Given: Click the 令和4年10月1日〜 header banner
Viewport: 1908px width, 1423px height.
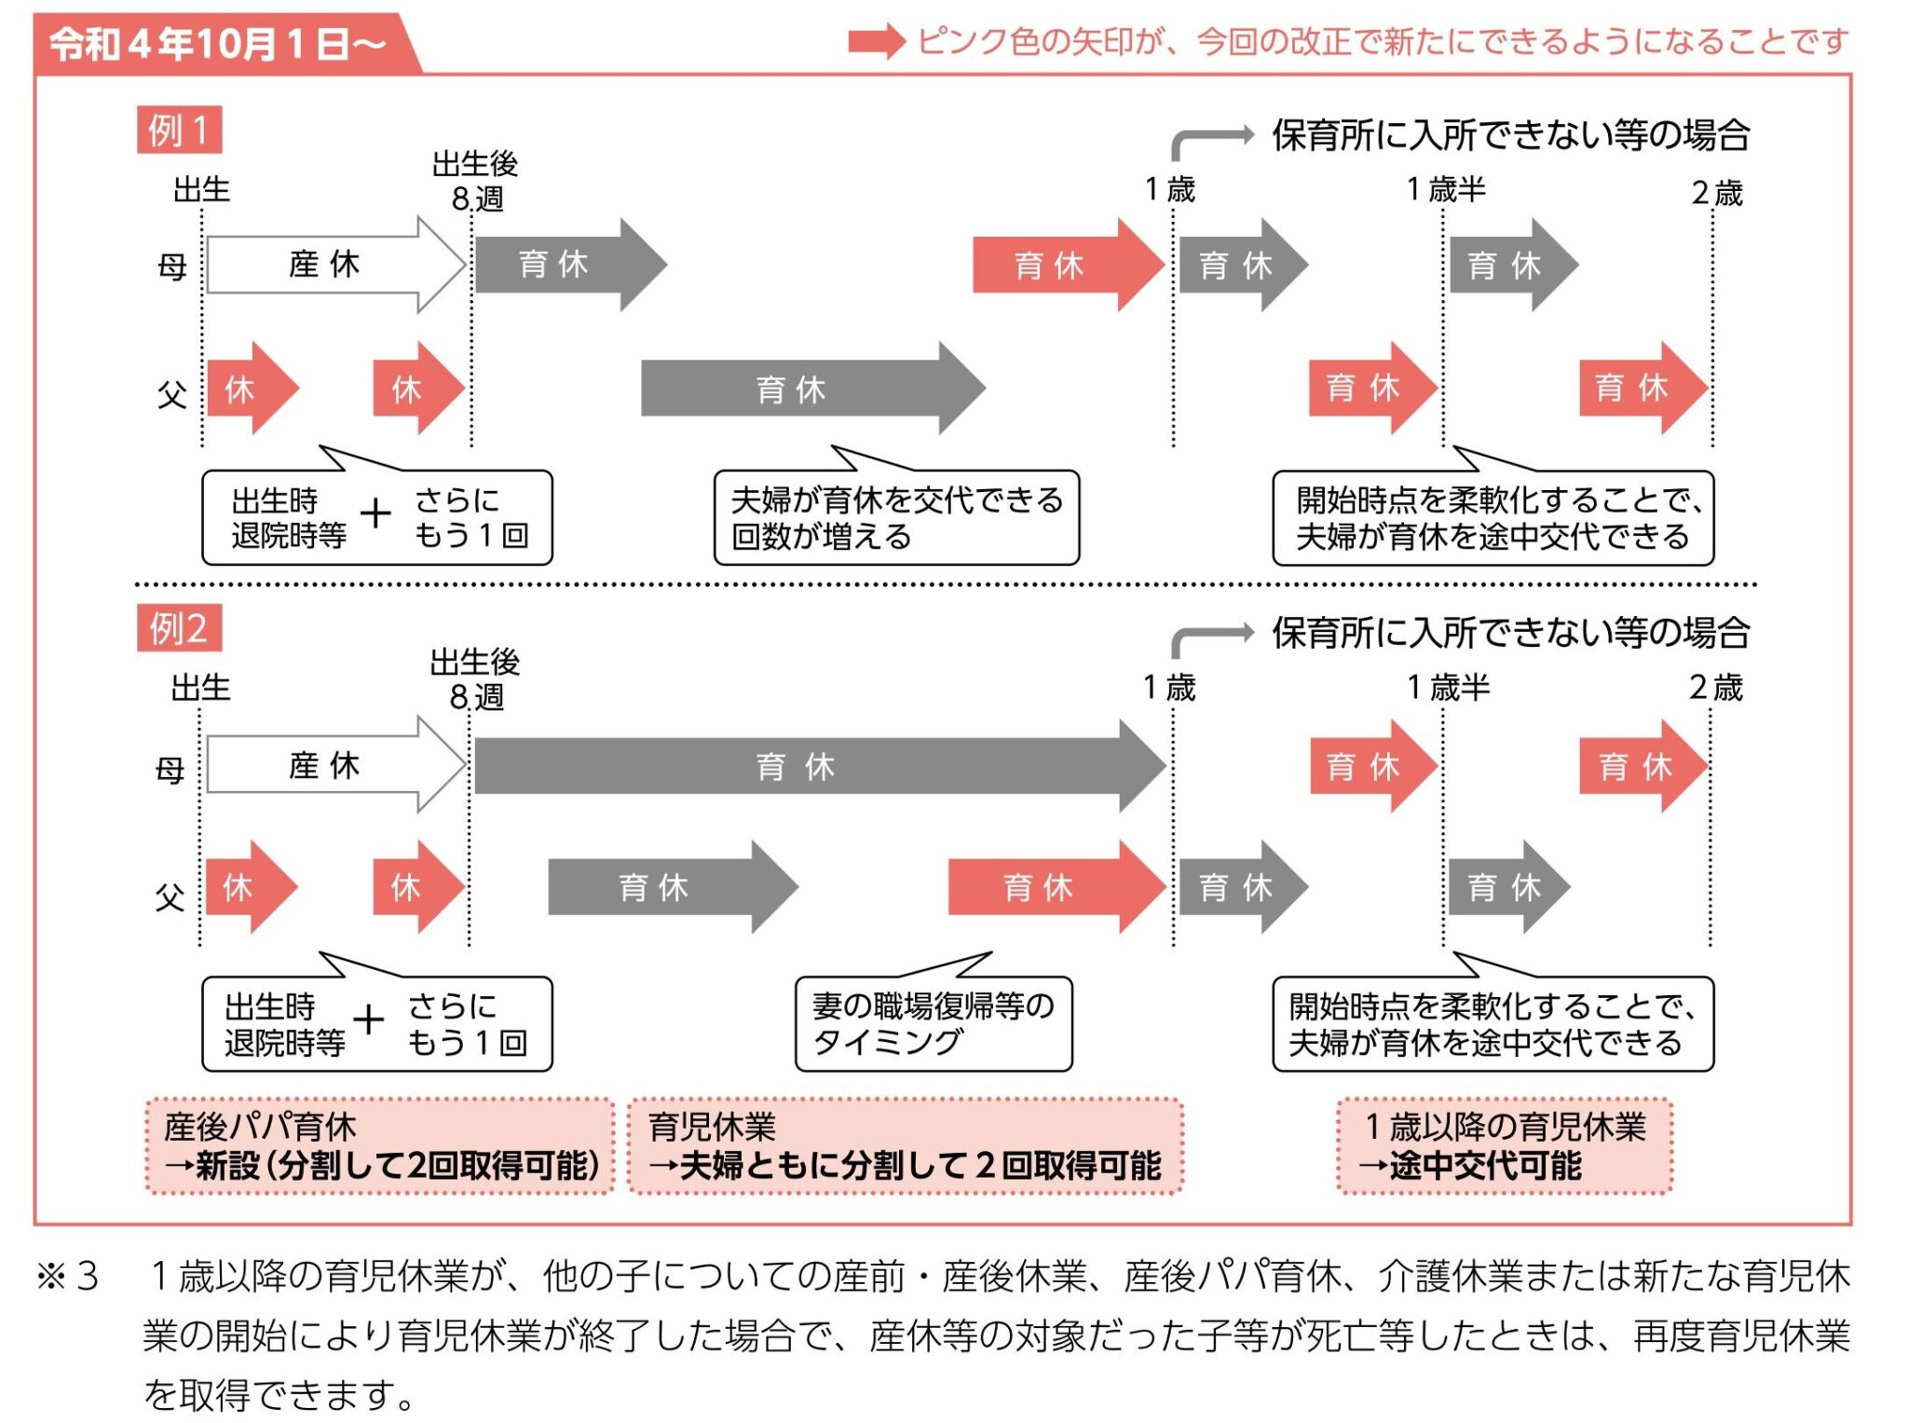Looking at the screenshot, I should [x=219, y=43].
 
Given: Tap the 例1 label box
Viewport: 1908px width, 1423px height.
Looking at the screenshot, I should [x=179, y=129].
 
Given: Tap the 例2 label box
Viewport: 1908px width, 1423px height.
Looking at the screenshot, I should [x=179, y=627].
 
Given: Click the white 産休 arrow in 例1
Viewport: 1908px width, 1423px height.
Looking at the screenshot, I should [x=331, y=265].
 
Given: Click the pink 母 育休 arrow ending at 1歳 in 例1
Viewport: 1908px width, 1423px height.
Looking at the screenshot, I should [x=1062, y=265].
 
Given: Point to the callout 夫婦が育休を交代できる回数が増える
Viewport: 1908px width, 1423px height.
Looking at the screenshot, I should [x=896, y=518].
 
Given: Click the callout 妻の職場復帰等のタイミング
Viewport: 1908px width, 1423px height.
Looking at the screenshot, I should [x=933, y=1023].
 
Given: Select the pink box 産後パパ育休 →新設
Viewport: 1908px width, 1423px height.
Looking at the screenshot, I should [x=380, y=1145].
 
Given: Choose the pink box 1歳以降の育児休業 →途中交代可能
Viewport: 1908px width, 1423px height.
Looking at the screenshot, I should [x=1504, y=1145].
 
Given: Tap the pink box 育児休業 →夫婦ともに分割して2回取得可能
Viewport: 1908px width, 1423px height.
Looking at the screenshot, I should [x=905, y=1145].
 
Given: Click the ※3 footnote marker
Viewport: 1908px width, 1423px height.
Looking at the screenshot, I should [x=67, y=1276].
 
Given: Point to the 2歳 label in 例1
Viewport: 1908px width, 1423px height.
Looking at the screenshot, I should [x=1716, y=193].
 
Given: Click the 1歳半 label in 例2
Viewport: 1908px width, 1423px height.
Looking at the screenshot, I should [x=1448, y=688].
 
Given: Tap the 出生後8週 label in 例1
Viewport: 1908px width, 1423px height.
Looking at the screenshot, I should [x=476, y=181].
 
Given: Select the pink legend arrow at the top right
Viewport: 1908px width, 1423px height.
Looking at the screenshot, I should [x=876, y=42].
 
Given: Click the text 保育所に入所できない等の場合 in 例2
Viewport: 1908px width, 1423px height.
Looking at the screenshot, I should [x=1510, y=633].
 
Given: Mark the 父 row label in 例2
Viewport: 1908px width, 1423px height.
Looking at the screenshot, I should [x=170, y=896].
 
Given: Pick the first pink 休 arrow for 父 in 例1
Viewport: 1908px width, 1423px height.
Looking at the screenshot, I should [x=248, y=388].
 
